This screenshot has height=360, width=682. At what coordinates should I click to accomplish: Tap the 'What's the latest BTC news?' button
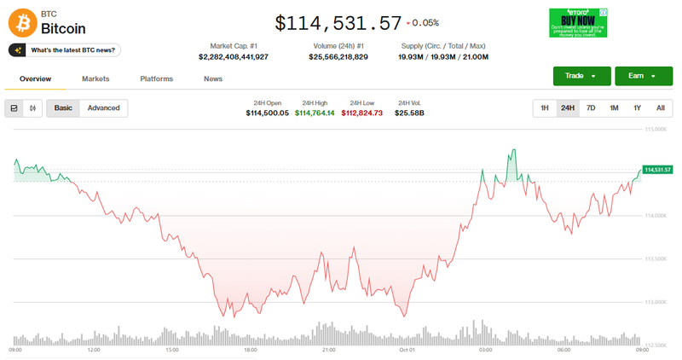tap(65, 50)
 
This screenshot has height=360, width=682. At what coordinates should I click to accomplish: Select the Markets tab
tap(95, 78)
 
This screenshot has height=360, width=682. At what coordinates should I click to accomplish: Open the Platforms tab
tap(156, 78)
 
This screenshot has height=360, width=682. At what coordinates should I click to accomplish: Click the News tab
tap(213, 78)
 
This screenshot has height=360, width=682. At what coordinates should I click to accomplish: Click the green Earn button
tap(639, 76)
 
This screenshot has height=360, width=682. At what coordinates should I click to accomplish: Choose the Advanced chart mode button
tap(104, 108)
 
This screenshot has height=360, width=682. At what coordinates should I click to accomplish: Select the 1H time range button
tap(545, 108)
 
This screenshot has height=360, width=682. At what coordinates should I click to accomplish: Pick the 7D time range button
tap(591, 108)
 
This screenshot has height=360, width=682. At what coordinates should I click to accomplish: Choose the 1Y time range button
tap(637, 108)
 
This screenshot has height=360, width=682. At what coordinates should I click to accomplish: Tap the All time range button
tap(660, 108)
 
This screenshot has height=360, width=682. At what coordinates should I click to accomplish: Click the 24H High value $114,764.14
tap(315, 113)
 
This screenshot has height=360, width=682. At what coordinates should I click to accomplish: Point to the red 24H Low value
tap(362, 113)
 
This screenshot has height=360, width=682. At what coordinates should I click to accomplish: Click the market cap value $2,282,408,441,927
tap(233, 56)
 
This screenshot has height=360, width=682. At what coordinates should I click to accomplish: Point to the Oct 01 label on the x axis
tap(407, 350)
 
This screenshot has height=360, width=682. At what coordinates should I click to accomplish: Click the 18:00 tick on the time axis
tap(250, 350)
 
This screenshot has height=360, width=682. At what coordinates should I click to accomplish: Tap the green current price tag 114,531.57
tap(658, 170)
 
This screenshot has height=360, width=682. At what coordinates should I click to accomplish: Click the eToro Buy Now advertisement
tap(578, 23)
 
